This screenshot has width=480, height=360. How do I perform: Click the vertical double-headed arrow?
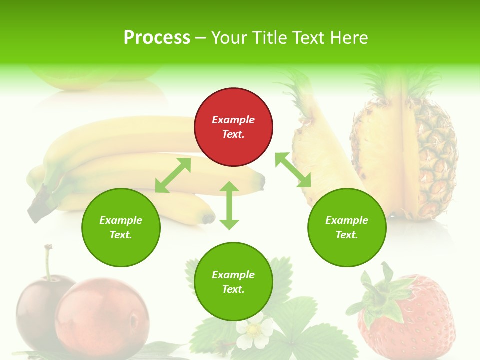click(x=229, y=205)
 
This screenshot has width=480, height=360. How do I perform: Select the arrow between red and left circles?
click(x=173, y=175)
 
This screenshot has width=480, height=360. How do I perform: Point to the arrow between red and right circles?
click(x=293, y=170)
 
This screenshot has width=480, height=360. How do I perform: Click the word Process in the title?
click(x=157, y=37)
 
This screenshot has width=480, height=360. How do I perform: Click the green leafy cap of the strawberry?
click(x=382, y=295)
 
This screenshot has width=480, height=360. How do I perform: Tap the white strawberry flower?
click(x=255, y=332)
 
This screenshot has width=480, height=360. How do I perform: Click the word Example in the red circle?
click(x=233, y=120)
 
